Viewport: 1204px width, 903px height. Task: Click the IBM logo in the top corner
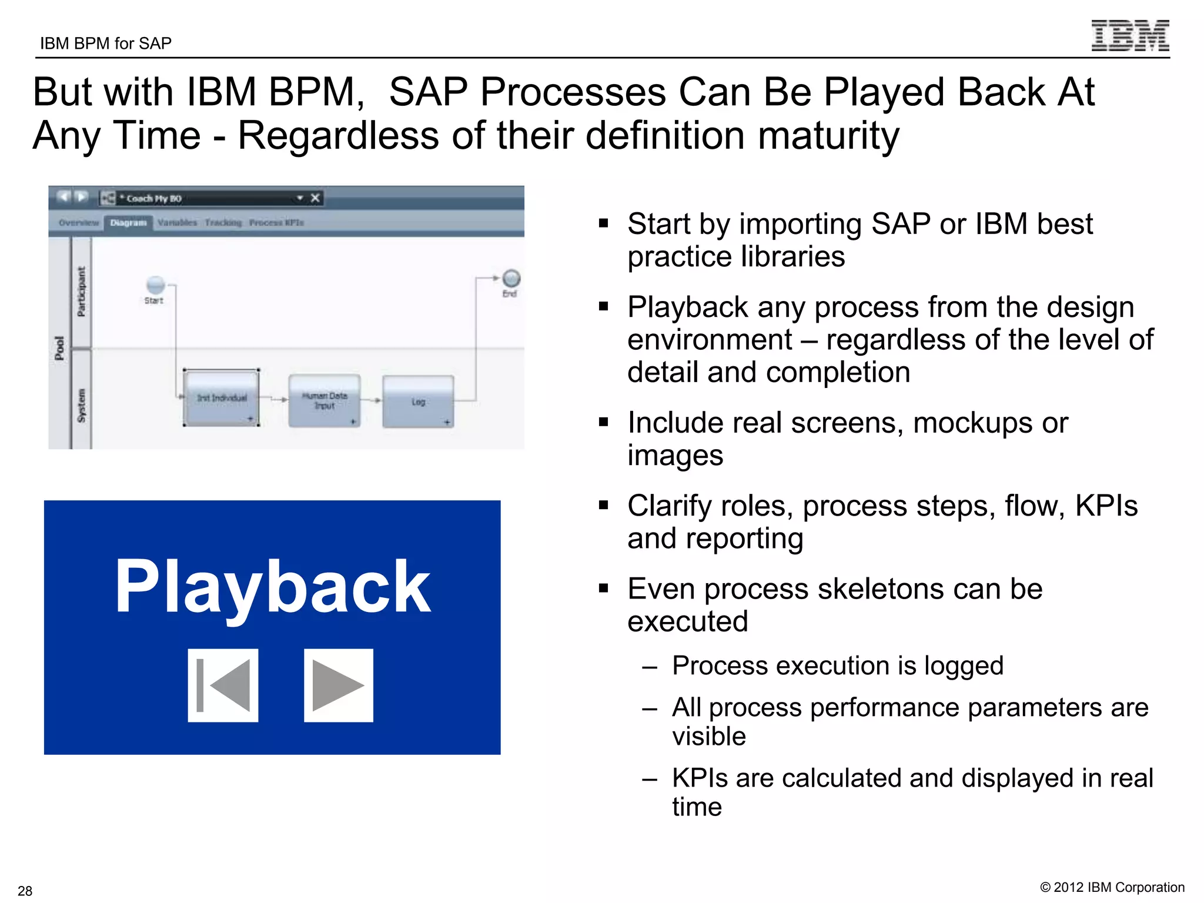coord(1130,36)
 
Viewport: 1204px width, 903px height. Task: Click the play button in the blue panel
coord(338,685)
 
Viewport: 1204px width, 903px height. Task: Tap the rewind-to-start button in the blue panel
coord(223,685)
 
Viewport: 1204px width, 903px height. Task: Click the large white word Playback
coord(272,587)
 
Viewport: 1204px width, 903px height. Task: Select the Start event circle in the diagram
coord(155,285)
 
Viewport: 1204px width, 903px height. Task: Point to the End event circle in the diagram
coord(511,278)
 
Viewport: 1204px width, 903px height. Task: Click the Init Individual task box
coord(222,398)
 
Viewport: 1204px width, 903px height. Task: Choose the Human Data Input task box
coord(325,400)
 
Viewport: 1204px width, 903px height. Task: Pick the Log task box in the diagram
coord(418,402)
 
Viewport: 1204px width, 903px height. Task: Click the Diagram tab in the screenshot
coord(128,223)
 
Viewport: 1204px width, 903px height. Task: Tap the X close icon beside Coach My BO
coord(315,198)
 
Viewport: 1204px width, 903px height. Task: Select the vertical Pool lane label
coord(59,348)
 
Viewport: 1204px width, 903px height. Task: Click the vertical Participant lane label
coord(81,292)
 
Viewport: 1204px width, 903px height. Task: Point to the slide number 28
coord(25,891)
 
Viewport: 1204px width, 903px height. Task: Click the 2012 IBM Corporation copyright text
coord(1112,887)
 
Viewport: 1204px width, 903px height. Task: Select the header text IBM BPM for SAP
coord(106,44)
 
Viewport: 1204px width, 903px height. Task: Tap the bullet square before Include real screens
coord(603,422)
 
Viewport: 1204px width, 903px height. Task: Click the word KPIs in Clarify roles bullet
coord(1106,506)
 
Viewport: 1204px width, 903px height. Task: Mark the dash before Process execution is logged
coord(649,667)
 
